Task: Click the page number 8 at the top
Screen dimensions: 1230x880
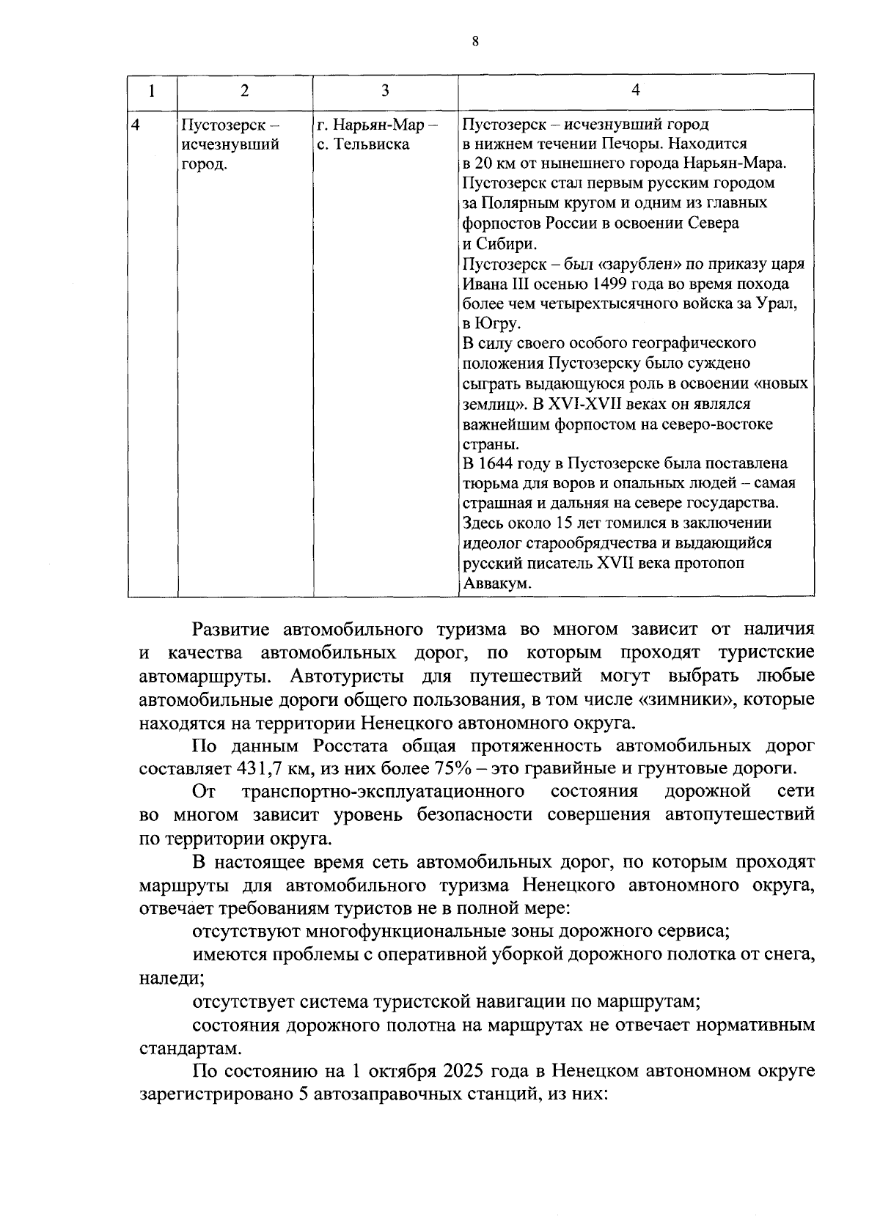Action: pos(475,43)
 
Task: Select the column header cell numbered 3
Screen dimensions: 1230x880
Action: pos(385,90)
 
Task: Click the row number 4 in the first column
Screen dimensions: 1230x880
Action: pos(136,124)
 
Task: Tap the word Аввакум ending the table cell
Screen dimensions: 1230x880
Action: pos(496,583)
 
